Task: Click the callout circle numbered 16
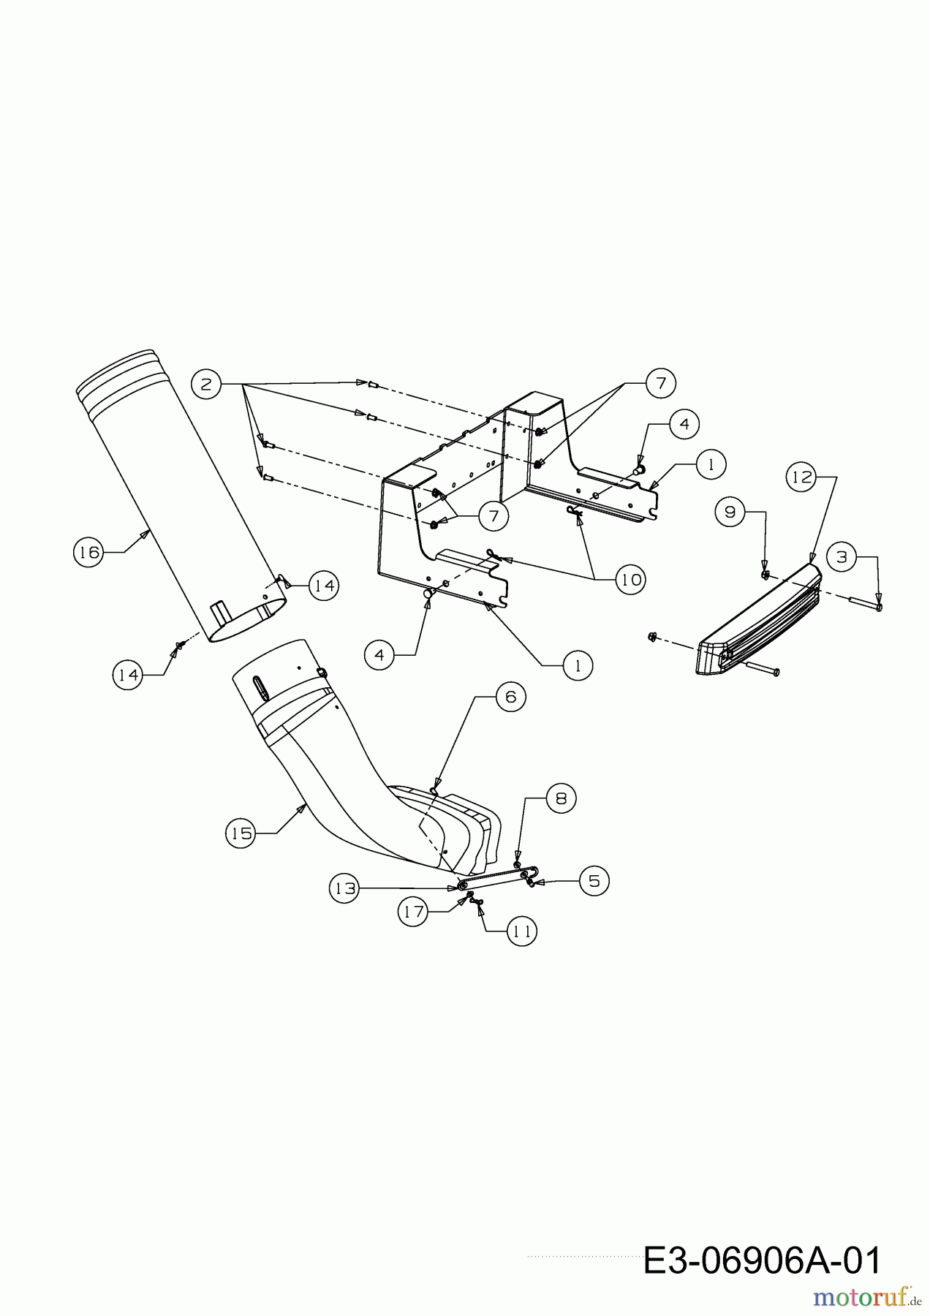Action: (x=89, y=552)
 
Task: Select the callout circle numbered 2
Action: (x=206, y=384)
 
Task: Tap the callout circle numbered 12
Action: (x=802, y=477)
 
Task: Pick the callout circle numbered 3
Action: (x=842, y=557)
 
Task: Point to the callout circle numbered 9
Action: (x=730, y=512)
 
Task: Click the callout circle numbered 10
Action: (x=631, y=580)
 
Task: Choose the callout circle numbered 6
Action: (x=510, y=697)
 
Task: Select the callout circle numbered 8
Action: (x=561, y=798)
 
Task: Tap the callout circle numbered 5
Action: (x=594, y=881)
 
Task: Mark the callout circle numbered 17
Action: (x=414, y=912)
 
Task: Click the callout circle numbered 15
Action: (x=242, y=833)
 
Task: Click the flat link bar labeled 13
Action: (x=497, y=877)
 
